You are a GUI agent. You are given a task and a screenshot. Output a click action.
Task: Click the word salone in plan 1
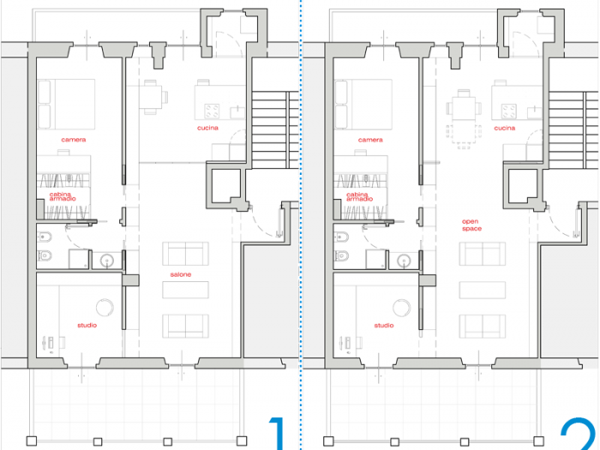pyautogui.click(x=181, y=274)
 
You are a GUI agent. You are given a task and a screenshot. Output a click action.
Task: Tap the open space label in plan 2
pyautogui.click(x=471, y=225)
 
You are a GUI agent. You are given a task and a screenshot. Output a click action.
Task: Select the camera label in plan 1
pyautogui.click(x=74, y=139)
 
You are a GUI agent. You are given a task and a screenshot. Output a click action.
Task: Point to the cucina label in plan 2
pyautogui.click(x=505, y=128)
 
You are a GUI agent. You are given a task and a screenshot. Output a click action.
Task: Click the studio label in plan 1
pyautogui.click(x=87, y=325)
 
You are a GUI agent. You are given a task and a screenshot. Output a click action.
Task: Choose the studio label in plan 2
pyautogui.click(x=384, y=325)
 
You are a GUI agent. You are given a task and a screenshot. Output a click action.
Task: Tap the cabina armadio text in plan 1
pyautogui.click(x=62, y=196)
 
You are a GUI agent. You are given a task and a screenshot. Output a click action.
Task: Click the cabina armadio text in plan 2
pyautogui.click(x=358, y=196)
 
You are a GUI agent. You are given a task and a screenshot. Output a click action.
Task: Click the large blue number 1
pyautogui.click(x=276, y=433)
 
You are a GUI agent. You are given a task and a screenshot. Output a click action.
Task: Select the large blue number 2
pyautogui.click(x=578, y=433)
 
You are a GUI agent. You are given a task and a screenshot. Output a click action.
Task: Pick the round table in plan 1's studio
pyautogui.click(x=105, y=309)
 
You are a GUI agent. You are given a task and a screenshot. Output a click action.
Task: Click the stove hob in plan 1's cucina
pyautogui.click(x=212, y=111)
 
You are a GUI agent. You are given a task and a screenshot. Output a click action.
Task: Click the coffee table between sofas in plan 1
pyautogui.click(x=186, y=290)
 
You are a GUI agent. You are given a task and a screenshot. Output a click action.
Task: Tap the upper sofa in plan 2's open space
pyautogui.click(x=483, y=255)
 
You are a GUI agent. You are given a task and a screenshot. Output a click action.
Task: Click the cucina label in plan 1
pyautogui.click(x=207, y=128)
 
